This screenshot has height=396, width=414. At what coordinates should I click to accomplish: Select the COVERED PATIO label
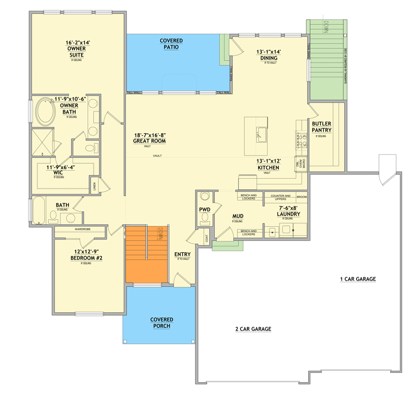171,44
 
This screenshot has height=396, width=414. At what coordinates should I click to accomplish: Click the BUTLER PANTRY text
322,127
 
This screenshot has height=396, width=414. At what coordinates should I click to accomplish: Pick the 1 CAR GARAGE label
358,279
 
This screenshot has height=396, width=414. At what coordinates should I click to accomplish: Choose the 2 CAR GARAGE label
253,329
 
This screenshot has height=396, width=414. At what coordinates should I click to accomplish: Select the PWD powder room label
205,209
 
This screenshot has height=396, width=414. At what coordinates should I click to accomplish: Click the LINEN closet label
93,187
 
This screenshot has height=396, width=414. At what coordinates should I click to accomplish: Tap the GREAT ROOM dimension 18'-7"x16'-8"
150,135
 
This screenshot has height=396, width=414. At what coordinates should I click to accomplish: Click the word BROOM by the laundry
302,197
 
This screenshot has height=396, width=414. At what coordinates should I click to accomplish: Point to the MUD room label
237,216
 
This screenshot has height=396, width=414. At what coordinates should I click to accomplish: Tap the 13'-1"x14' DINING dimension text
269,51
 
